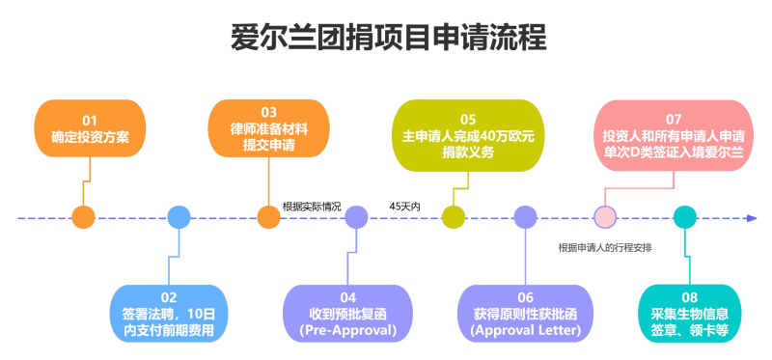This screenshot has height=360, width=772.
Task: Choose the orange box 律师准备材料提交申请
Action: click(x=268, y=129)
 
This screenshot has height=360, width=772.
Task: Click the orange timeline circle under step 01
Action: click(x=84, y=217)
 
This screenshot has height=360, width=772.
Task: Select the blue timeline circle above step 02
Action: click(x=179, y=217)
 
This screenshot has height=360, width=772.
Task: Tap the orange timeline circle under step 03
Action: click(x=269, y=217)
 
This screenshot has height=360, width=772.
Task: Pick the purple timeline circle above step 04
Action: click(x=356, y=217)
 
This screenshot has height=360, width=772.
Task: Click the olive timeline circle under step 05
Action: click(x=453, y=217)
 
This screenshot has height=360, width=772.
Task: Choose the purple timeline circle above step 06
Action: click(x=524, y=217)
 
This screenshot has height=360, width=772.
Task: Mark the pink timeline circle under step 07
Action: click(x=605, y=217)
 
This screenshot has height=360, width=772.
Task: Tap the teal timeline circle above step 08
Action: click(x=684, y=217)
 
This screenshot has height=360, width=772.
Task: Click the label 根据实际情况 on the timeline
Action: click(x=312, y=206)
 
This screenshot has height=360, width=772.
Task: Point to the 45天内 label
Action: click(x=404, y=206)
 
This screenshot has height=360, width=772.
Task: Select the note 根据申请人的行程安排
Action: click(x=605, y=247)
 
